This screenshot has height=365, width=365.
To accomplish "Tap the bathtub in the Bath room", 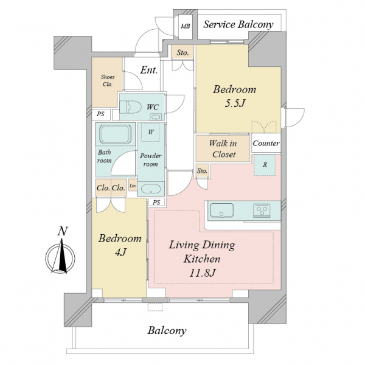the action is tap(116, 134).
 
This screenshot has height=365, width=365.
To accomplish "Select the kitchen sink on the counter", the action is tap(222, 210).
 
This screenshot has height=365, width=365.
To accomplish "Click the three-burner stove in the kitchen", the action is tap(262, 210).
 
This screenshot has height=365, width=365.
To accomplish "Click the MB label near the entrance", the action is tap(186, 26).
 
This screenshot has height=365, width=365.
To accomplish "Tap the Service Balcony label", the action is tap(238, 24).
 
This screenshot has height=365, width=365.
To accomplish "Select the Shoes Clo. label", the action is tap(108, 80).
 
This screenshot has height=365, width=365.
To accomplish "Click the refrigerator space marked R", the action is tap(265, 165).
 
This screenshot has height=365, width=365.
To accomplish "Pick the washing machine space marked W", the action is tap(151, 132).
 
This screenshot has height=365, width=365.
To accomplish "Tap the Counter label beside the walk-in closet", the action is tap(266, 143).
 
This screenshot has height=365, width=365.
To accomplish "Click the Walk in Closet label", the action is tap(223, 148).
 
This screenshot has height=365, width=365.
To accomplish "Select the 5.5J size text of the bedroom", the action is tap(235, 103).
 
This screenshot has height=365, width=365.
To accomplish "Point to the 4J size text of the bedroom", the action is tap(120, 252).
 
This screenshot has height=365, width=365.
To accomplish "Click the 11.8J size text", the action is tap(202, 273).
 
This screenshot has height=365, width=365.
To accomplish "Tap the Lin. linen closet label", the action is tap(133, 186).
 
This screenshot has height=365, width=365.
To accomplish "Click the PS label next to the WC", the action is tap(100, 114).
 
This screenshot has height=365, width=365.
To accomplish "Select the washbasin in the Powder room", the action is tap(151, 189).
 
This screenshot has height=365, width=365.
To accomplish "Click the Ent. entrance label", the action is tap(149, 70).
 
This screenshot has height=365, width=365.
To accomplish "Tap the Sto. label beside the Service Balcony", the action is tap(182, 52).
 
